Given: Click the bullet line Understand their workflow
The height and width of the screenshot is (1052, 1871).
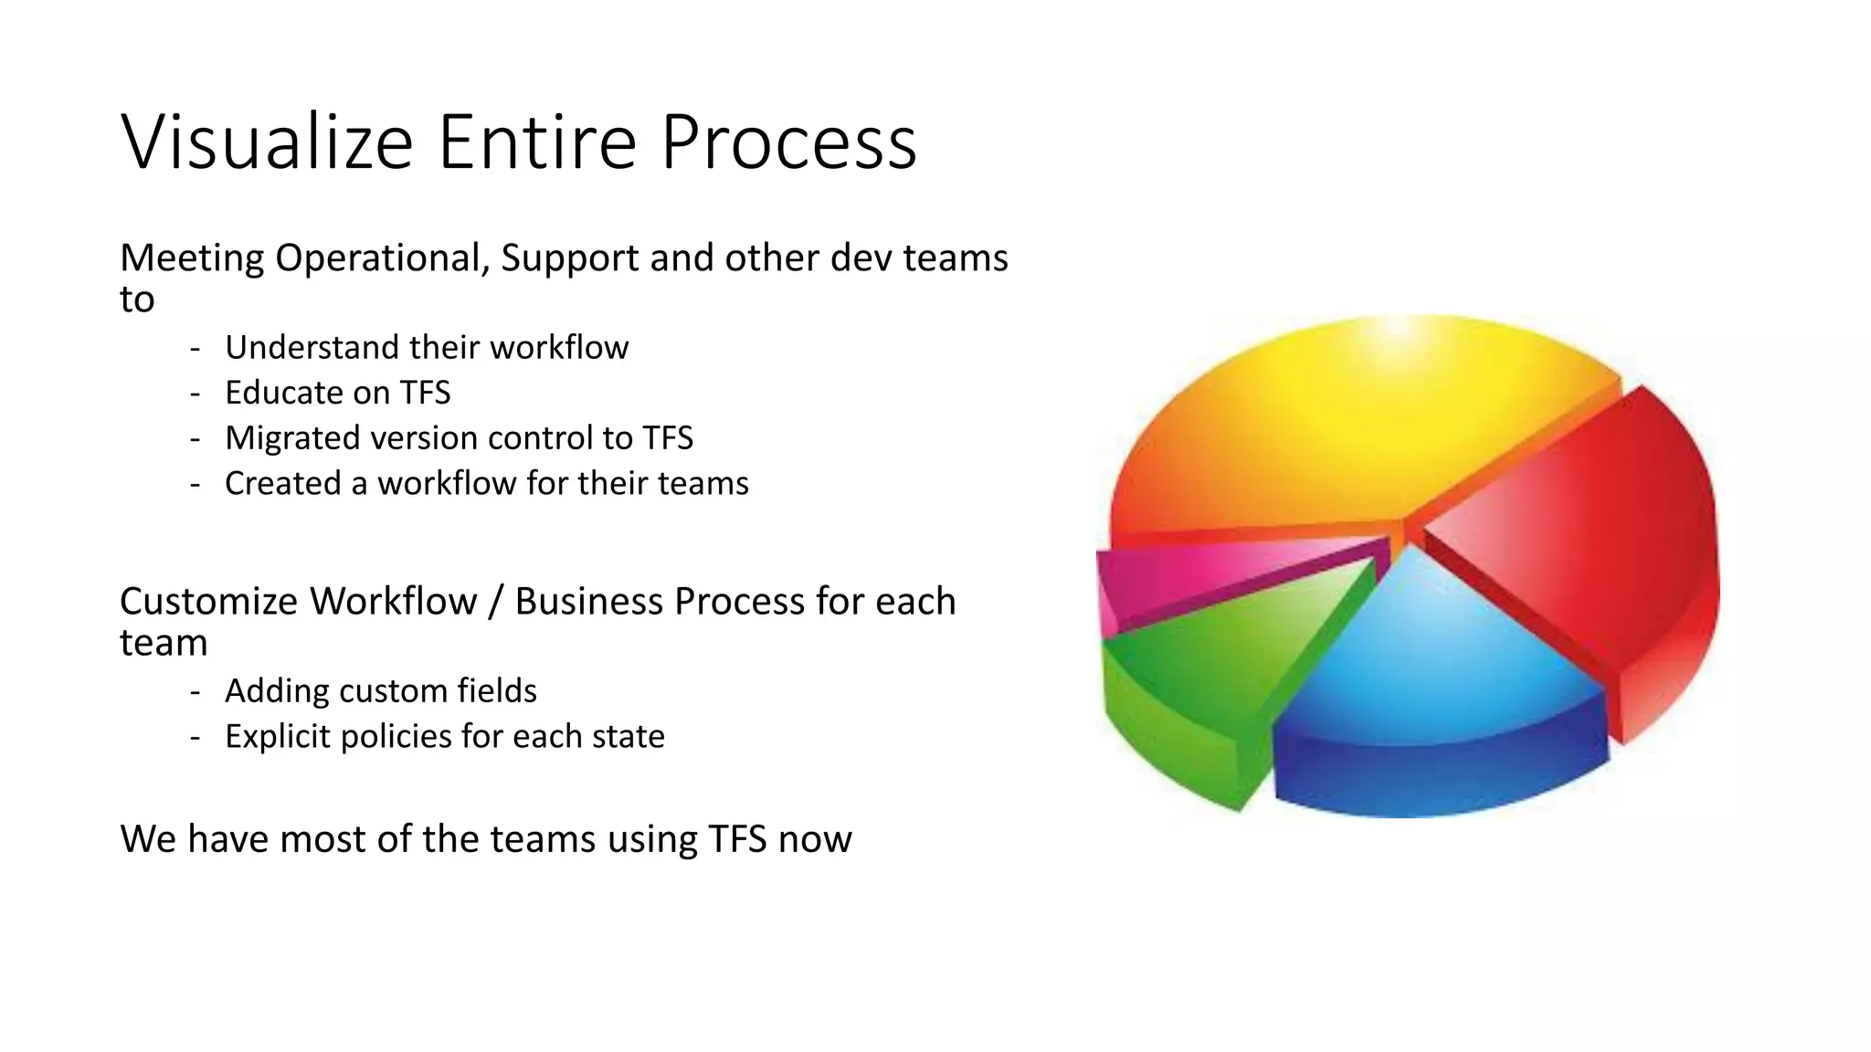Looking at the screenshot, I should coord(427,348).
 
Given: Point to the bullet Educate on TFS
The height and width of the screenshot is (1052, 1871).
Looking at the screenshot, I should coord(338,393).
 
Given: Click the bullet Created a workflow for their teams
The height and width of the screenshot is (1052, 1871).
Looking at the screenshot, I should coord(486,483).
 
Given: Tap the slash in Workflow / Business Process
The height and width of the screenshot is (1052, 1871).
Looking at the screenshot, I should coord(495,602).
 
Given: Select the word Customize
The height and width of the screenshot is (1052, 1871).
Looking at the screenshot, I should coord(208,602).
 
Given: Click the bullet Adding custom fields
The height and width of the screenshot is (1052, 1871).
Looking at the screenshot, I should coord(380,691).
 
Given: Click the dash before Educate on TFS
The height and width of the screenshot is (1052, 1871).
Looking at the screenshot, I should coord(195,394).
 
